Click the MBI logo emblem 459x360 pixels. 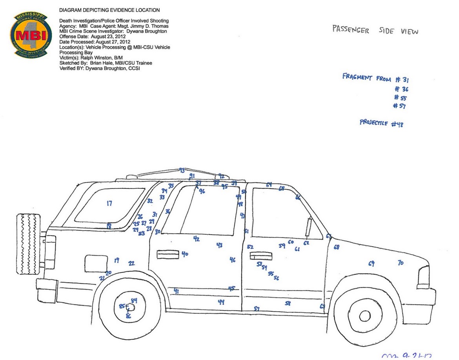[31, 35]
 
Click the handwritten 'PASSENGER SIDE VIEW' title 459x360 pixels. [375, 30]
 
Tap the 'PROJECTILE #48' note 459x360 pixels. [381, 123]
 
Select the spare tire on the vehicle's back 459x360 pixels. [28, 244]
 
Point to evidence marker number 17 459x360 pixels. [109, 203]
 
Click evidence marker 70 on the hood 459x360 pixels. [400, 263]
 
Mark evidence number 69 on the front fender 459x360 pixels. [371, 263]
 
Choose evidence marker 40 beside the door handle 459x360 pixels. [185, 254]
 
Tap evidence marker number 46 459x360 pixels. [233, 259]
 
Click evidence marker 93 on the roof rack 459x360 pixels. [182, 170]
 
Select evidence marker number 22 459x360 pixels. [131, 263]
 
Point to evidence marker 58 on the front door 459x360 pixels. [288, 303]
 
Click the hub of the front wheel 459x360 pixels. [365, 316]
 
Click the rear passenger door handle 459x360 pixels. [168, 254]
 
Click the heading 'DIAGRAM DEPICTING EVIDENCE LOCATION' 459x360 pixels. [109, 10]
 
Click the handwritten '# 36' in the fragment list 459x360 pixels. [402, 89]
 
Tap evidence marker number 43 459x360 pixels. [219, 245]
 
